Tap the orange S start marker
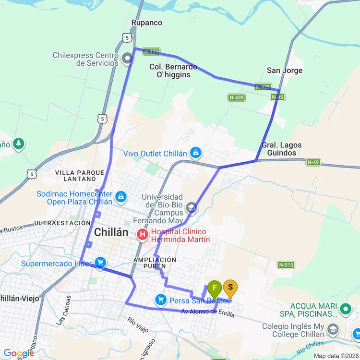230,288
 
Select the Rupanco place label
147,23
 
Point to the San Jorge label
285,71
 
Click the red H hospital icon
143,235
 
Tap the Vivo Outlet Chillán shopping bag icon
195,153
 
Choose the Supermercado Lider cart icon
100,263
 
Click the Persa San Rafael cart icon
161,300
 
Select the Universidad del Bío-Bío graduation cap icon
192,208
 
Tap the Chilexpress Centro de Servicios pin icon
127,59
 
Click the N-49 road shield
313,163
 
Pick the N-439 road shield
237,97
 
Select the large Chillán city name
111,232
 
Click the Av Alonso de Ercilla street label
208,313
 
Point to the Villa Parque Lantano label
79,176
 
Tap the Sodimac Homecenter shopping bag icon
121,197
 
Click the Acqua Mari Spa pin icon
345,310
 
